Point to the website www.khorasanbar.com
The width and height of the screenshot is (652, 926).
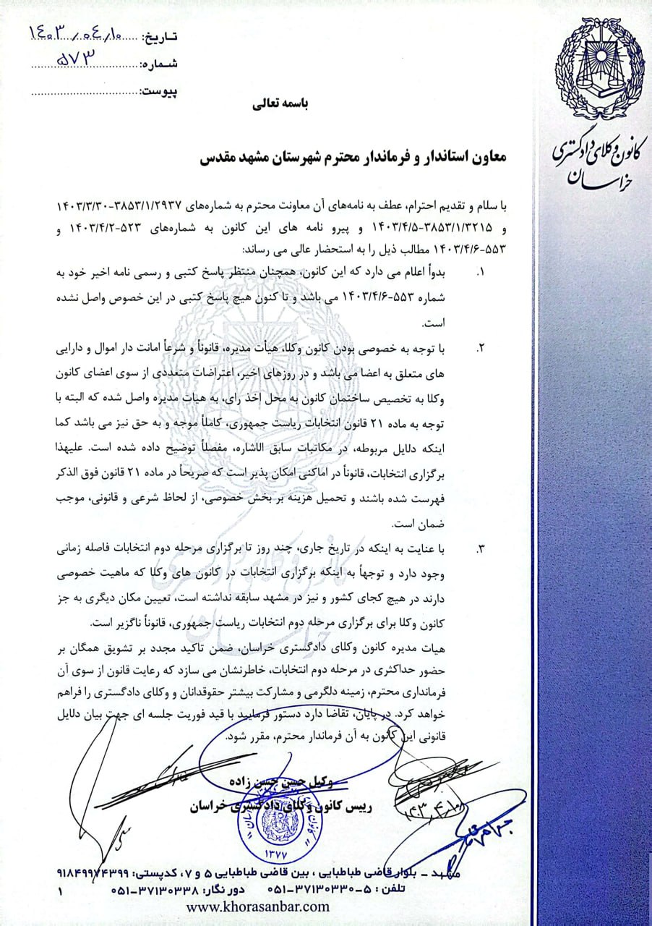coord(258,906)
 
